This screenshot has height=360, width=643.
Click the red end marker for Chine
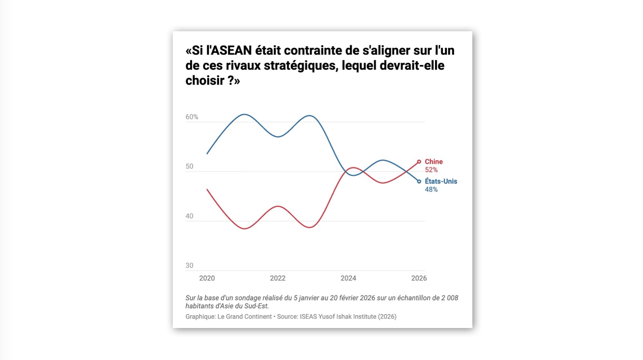pos(419,162)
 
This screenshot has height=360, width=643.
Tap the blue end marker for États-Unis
pos(419,181)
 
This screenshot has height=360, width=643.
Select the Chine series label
pos(434,162)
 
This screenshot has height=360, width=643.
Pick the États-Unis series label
pos(441,181)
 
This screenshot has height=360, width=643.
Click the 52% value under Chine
pos(431,170)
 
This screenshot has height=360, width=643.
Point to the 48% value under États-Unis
pos(431,190)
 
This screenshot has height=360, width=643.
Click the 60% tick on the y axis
pos(192,117)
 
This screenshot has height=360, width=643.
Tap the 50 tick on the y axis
pos(189,166)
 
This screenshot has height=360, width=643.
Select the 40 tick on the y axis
pos(189,216)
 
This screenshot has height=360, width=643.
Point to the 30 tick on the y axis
pos(189,266)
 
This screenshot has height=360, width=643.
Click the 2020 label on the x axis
pos(207,278)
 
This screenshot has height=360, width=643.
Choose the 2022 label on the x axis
pos(278,278)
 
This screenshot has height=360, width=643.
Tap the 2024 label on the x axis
pos(348,278)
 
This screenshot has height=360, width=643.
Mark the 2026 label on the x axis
pos(419,278)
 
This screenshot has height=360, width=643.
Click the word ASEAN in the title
pos(231,51)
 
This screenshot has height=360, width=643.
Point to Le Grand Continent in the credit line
pos(245,317)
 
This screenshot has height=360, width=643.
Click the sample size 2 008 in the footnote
pos(450,298)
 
